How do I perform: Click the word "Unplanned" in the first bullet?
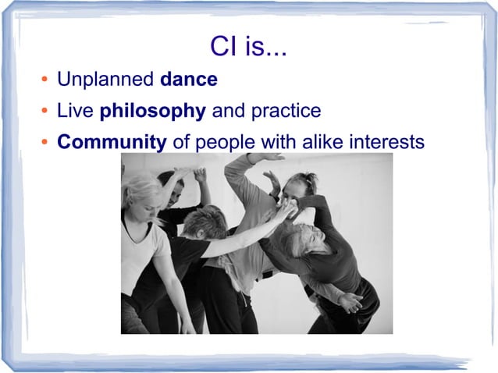tap(105, 80)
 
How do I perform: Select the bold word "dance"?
tap(188, 80)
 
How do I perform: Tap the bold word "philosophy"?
tap(152, 112)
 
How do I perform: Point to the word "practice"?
tap(285, 112)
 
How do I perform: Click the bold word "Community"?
tap(112, 143)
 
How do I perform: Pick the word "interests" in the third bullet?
tap(385, 143)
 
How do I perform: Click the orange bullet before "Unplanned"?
tap(45, 81)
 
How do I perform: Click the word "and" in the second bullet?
tap(228, 112)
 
